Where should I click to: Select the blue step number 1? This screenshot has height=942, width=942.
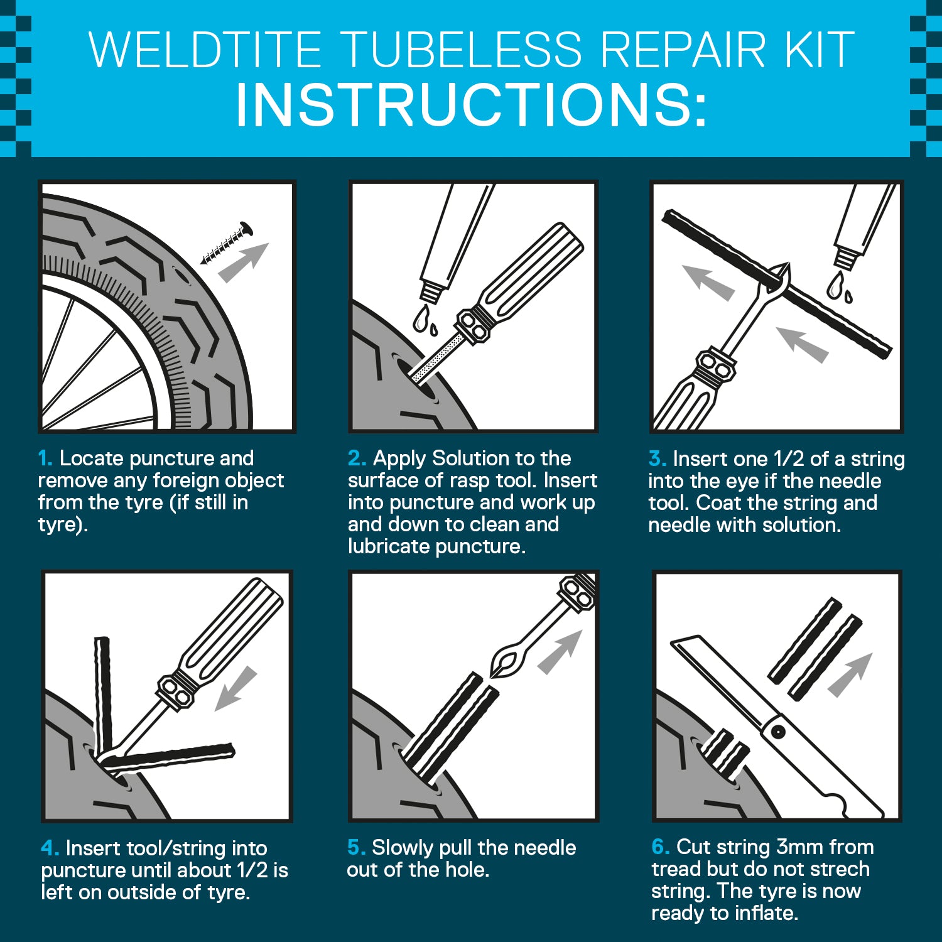[45, 458]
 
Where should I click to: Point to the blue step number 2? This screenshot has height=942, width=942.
[356, 458]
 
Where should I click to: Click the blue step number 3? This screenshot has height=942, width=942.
[657, 459]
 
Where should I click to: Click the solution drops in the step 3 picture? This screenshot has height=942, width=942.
[838, 286]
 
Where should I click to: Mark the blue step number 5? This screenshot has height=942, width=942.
[355, 848]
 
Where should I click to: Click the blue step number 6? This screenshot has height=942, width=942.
[660, 847]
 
